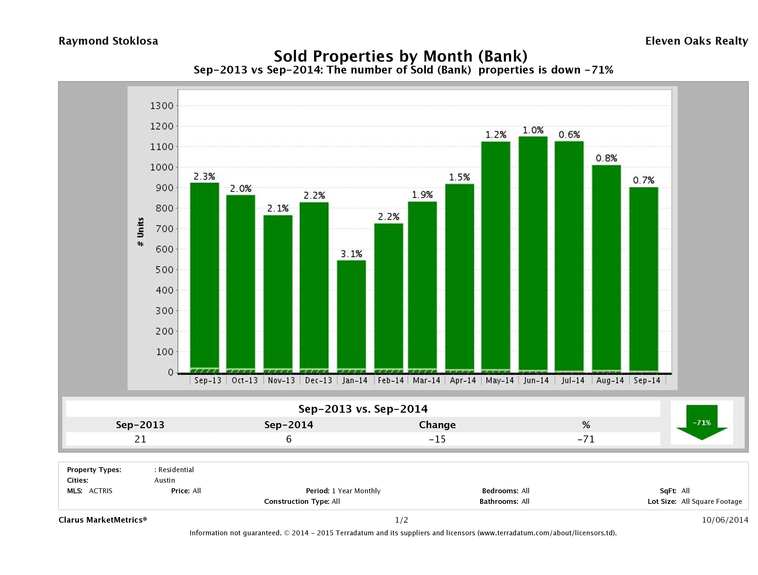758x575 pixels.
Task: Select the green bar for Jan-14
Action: (351, 315)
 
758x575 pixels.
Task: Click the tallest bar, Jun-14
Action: (533, 254)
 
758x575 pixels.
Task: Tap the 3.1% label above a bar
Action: (351, 254)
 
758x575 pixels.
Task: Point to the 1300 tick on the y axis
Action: (162, 106)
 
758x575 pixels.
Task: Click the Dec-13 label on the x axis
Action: (318, 380)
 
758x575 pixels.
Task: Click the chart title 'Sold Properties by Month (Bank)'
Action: (400, 56)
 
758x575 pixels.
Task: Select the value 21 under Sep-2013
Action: (140, 439)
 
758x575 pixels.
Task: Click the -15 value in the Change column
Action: (437, 439)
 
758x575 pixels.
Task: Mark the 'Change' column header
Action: (437, 425)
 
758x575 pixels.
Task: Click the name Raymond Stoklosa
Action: (108, 41)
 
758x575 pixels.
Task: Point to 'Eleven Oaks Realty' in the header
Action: (696, 41)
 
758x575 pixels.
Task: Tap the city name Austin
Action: (164, 480)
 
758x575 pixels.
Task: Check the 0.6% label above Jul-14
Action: (569, 135)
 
